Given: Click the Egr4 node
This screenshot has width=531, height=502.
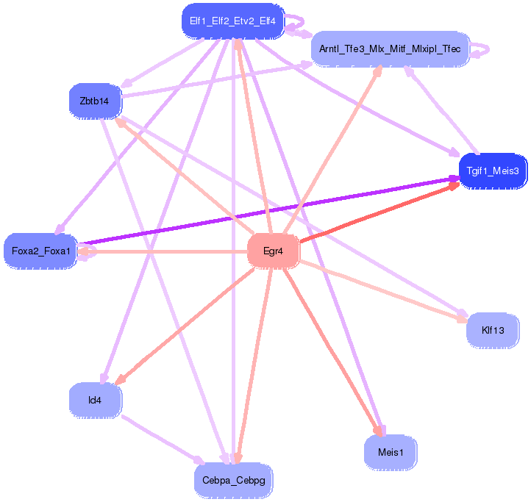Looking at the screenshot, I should coord(273,251).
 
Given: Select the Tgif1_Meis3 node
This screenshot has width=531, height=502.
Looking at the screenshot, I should coord(492,171).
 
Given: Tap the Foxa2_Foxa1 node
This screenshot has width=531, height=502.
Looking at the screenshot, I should coord(40,251).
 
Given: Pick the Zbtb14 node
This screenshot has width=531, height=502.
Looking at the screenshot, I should coord(94,101).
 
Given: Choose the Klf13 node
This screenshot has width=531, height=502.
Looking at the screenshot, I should coord(492,330).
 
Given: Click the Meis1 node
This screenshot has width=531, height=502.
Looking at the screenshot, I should coord(390,451).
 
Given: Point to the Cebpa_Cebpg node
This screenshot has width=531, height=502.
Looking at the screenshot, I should coord(234,481).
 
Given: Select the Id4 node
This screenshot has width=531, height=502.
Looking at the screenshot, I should coord(95,400).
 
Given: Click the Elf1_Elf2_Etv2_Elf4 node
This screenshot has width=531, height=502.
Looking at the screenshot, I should coord(232,21).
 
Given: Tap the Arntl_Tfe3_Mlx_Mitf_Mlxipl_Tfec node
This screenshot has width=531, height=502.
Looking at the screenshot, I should coord(389,49).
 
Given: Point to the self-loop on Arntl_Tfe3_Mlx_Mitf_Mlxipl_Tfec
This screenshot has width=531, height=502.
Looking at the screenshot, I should coord(482,50).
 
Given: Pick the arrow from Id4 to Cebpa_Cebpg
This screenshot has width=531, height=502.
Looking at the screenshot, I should coord(162,440).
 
